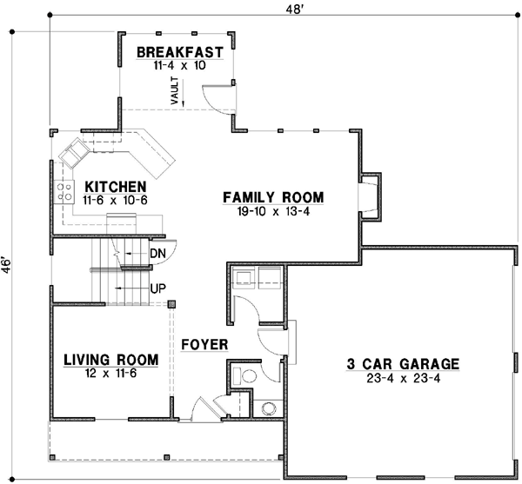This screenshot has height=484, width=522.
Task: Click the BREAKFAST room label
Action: coord(180,51)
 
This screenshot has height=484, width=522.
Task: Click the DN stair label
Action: coord(157,253)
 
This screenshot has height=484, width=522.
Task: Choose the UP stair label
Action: coord(157,288)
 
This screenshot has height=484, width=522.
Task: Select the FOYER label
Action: coord(204,345)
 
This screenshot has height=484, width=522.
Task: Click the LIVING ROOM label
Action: coord(110,359)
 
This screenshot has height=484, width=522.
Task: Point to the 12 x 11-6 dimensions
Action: coord(110,373)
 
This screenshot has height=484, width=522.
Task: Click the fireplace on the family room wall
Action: coord(370,194)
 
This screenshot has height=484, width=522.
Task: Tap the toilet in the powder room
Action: coord(248,375)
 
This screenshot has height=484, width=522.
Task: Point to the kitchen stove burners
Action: coord(64,192)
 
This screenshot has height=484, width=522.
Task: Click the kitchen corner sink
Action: coord(73,154)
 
